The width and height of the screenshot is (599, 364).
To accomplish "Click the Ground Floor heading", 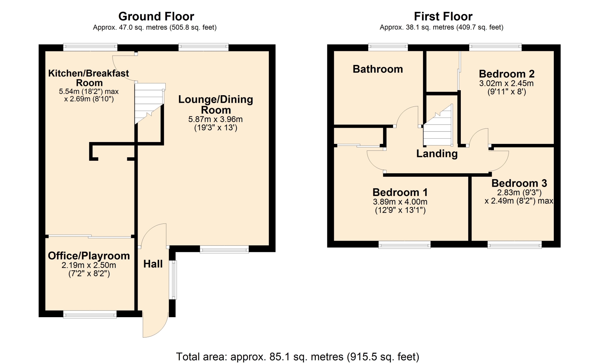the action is [156, 16].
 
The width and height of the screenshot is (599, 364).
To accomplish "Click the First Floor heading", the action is [443, 16].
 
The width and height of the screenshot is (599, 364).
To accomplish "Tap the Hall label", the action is [153, 264].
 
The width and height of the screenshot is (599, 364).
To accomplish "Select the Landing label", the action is [437, 154].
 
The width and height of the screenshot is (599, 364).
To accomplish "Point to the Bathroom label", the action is [378, 69].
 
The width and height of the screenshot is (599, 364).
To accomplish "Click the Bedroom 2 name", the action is [507, 74].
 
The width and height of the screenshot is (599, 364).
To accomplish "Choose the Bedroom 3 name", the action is [519, 183].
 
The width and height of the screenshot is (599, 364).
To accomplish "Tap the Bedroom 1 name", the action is [400, 192].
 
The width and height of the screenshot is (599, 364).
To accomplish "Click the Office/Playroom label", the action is [89, 256].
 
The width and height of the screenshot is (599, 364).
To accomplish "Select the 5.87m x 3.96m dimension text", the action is [215, 119].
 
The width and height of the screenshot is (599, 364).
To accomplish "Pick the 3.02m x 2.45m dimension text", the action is [506, 83].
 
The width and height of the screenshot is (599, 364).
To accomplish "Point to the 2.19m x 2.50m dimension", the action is [89, 265].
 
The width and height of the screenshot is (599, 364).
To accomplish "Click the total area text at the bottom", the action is [298, 357].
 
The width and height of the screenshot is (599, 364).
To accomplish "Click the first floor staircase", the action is [438, 125].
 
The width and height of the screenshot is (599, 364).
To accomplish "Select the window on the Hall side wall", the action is [173, 280].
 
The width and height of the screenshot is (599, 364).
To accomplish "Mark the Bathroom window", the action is [388, 47].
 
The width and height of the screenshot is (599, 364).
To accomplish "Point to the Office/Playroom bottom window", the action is [90, 314].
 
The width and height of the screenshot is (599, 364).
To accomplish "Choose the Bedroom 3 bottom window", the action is [514, 245].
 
